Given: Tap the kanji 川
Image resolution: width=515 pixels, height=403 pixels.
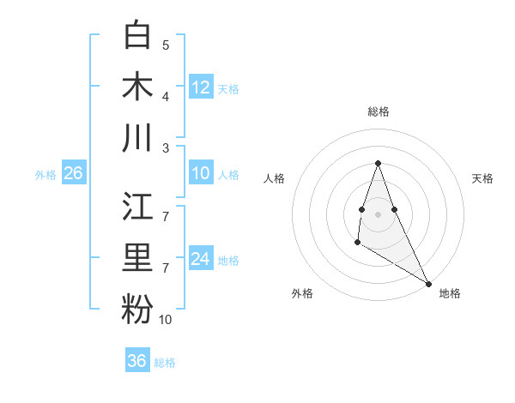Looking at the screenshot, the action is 137,137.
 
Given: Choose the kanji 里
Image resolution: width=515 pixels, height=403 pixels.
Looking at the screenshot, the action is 137,257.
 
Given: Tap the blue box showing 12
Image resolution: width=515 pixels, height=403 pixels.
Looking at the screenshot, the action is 201,87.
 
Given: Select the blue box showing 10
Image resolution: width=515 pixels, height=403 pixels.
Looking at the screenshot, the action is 201,173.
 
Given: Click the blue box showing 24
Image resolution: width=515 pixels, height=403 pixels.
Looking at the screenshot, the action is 201,259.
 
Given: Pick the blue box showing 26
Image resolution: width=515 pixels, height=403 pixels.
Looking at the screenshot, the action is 74,173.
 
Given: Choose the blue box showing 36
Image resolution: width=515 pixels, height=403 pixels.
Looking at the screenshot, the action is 137,361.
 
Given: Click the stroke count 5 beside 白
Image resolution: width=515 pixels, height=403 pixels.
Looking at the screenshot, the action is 166,45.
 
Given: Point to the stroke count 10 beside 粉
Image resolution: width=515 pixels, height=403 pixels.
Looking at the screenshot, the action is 166,320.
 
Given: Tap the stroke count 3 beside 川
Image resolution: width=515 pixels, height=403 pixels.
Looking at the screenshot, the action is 166,147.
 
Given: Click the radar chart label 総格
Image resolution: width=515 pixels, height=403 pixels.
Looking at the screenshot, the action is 378,111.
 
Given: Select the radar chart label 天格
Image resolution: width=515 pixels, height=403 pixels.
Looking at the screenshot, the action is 483,178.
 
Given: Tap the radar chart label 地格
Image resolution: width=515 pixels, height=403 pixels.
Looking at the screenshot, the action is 450,293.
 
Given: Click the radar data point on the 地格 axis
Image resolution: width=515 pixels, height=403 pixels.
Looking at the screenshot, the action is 428,283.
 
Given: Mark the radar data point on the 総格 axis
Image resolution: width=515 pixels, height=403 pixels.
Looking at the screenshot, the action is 378,164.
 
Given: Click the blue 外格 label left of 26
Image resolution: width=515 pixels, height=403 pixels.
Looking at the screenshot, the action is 45,174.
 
